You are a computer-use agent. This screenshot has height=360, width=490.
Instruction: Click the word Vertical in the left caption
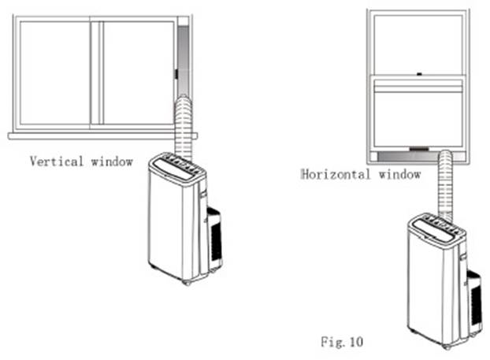coord(57,161)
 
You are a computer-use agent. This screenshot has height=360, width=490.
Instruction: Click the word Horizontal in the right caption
coord(336,174)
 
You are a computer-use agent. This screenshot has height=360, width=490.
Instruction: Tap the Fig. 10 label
coord(342,342)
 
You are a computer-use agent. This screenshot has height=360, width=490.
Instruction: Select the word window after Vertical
coord(112,161)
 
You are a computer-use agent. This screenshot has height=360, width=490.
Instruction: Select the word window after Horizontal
coord(400,174)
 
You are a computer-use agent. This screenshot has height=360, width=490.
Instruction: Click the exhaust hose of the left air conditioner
coord(184,127)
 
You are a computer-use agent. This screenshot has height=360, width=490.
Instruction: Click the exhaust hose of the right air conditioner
coord(444,185)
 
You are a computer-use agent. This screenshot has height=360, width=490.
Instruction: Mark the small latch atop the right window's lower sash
coord(419,74)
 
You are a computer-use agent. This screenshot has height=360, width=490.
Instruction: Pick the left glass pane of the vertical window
coord(55,72)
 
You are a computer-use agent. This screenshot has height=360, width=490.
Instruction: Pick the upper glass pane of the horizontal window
coord(418,44)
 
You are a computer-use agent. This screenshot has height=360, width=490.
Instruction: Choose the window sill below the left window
coord(102,136)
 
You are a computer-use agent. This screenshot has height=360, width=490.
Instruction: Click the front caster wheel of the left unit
coord(187,283)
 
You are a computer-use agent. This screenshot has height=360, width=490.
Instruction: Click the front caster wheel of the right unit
coord(447,347)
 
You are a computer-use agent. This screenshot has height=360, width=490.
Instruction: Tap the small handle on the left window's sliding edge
coord(176,74)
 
